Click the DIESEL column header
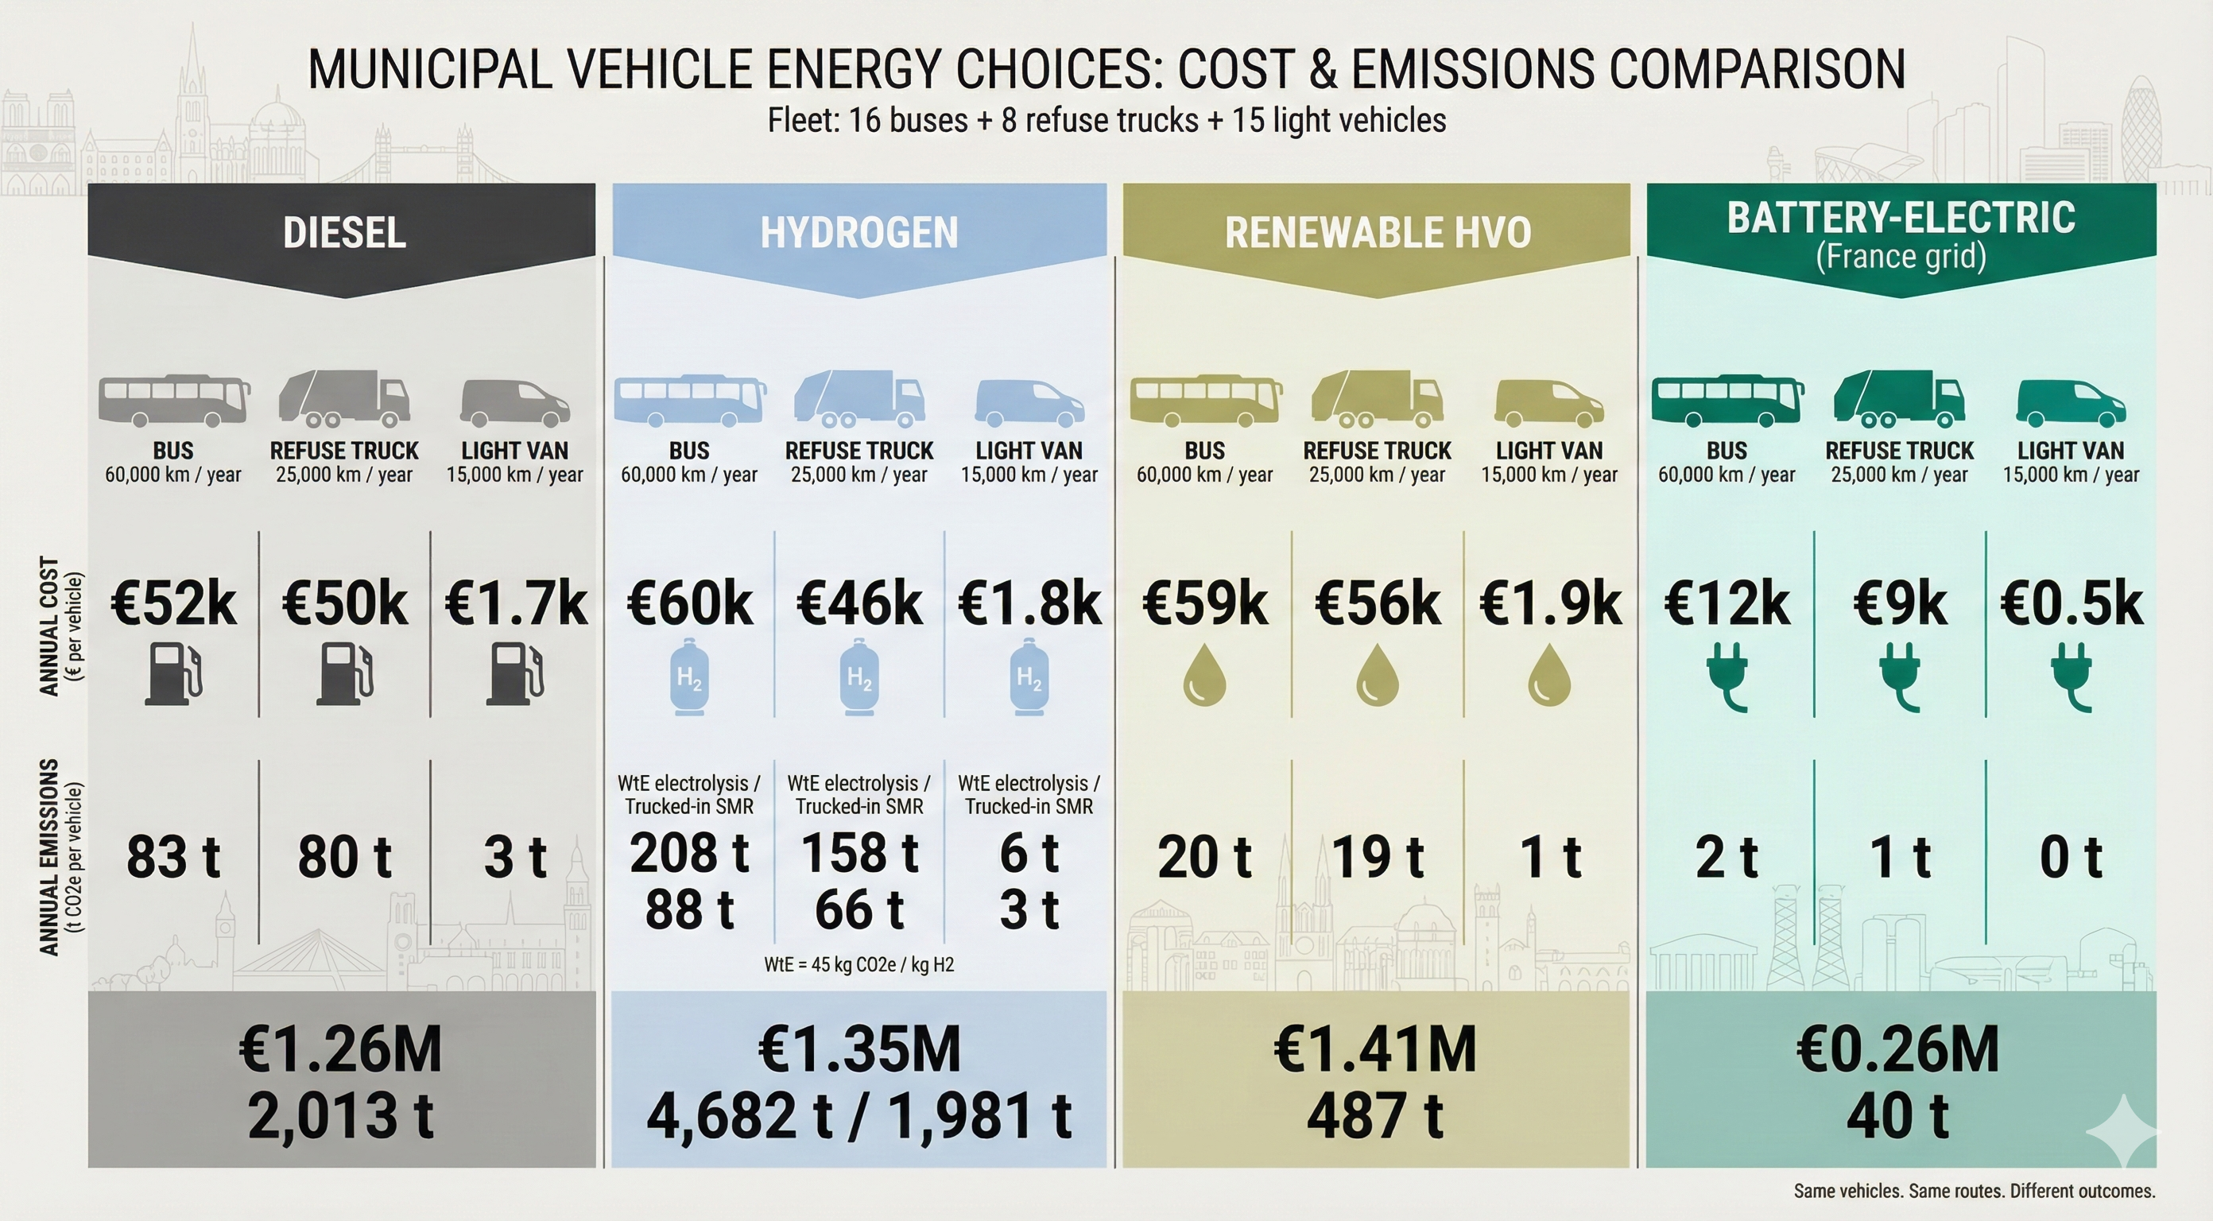pyautogui.click(x=343, y=233)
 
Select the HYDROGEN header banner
pyautogui.click(x=859, y=233)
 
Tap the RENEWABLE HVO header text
pyautogui.click(x=1377, y=233)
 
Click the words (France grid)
pyautogui.click(x=1901, y=257)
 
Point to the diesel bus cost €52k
pyautogui.click(x=173, y=604)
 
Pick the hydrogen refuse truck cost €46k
pyautogui.click(x=859, y=604)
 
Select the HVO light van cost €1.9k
pyautogui.click(x=1550, y=604)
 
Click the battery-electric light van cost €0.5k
pyautogui.click(x=2072, y=604)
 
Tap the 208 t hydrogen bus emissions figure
pyautogui.click(x=689, y=852)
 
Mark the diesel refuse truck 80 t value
pyautogui.click(x=344, y=858)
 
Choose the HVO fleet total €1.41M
pyautogui.click(x=1375, y=1049)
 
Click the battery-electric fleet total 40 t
pyautogui.click(x=1897, y=1115)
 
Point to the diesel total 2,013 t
pyautogui.click(x=341, y=1115)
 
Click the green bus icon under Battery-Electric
pyautogui.click(x=1727, y=401)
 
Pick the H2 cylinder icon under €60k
pyautogui.click(x=689, y=678)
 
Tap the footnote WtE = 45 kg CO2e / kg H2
pyautogui.click(x=859, y=964)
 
